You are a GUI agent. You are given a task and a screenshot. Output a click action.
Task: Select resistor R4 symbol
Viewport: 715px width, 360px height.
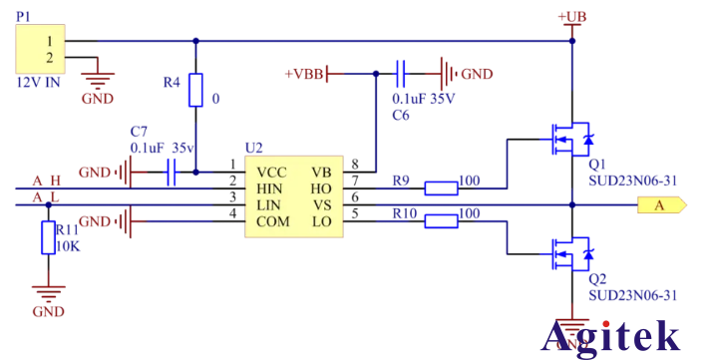coord(195,91)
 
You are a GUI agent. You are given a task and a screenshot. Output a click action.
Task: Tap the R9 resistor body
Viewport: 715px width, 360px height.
coord(441,186)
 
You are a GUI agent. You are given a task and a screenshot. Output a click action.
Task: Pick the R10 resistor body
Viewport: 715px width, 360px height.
coord(441,219)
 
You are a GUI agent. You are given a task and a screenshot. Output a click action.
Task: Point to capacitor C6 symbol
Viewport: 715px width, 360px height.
coord(402,73)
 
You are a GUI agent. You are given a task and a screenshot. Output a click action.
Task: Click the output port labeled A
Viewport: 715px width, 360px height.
coord(662,205)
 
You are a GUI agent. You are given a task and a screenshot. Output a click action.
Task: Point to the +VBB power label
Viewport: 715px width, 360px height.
coord(303,74)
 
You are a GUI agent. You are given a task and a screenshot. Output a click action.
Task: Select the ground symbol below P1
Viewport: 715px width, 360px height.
coord(97,87)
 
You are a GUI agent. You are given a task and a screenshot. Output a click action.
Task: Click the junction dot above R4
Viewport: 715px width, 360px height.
coord(195,42)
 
